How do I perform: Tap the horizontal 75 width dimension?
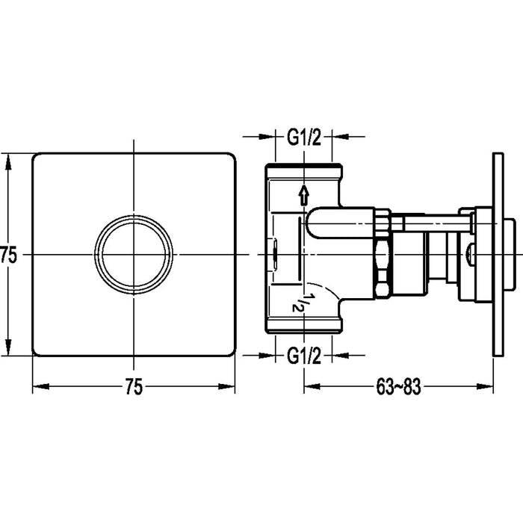tap(133, 387)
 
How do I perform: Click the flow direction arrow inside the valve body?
tap(303, 196)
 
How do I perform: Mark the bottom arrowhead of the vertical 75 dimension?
tap(8, 352)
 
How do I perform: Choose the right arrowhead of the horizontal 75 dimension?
tap(231, 387)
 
